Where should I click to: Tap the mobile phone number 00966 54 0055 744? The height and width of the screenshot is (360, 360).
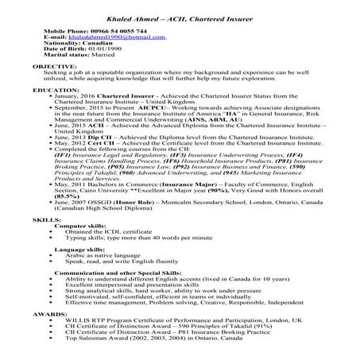(109, 29)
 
